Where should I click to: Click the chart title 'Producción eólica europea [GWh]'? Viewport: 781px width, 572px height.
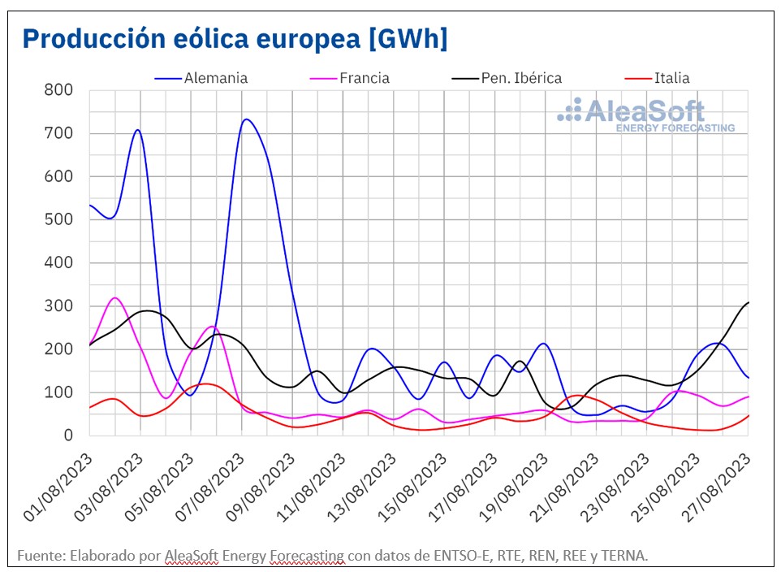click(235, 38)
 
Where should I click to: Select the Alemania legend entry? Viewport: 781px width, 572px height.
click(216, 78)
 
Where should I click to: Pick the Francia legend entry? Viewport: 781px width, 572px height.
click(365, 78)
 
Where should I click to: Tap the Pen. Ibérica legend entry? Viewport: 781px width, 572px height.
click(520, 78)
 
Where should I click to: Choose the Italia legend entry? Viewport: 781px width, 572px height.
click(670, 78)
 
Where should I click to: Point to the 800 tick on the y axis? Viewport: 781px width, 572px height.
click(60, 90)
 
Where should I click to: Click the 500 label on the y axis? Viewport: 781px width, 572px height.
click(60, 219)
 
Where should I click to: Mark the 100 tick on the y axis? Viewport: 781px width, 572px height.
click(60, 392)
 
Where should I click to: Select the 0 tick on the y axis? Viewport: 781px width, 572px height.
click(71, 435)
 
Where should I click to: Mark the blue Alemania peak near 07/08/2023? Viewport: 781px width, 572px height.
click(246, 119)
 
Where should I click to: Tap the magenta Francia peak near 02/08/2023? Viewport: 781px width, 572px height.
click(115, 298)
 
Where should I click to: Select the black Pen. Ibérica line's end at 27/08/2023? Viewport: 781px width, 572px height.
click(748, 302)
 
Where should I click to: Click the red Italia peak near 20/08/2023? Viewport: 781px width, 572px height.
click(576, 396)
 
